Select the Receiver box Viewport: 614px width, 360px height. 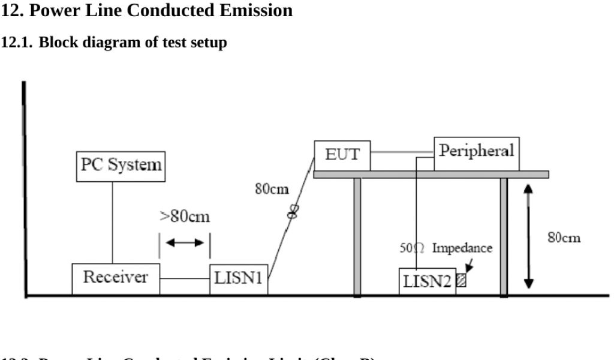pos(116,278)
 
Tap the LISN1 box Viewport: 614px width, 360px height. pos(239,279)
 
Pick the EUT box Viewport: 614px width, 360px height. pos(342,155)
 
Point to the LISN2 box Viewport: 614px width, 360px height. pos(427,281)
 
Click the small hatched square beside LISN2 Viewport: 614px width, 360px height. pos(461,280)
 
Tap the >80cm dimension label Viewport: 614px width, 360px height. pos(185,217)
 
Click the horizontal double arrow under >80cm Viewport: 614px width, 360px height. pos(185,243)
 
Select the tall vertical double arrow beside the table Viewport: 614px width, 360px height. pos(528,236)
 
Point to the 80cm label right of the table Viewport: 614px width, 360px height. pos(564,238)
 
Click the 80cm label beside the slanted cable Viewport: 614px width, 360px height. pos(272,190)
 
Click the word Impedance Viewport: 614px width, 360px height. pos(463,248)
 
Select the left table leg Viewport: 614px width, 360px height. pos(357,236)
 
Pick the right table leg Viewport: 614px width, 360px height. pos(504,236)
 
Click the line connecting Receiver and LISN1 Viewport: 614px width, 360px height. pos(185,279)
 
